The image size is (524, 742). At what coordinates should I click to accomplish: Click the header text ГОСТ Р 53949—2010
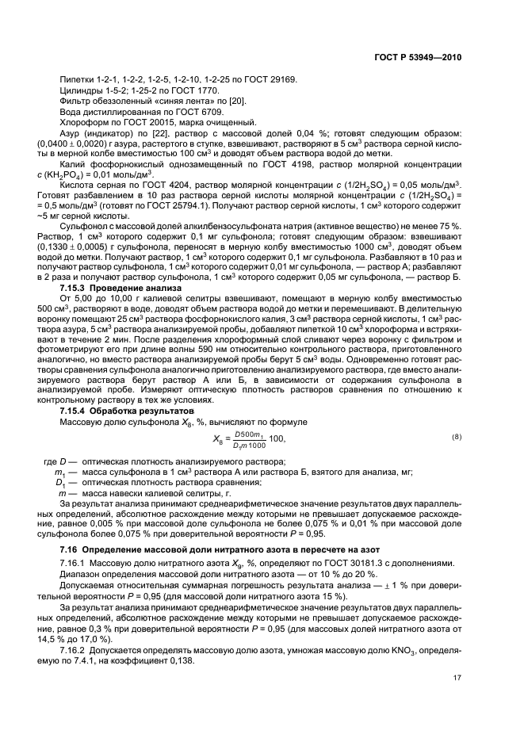416,58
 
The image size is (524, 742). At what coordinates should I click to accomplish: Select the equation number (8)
456,438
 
